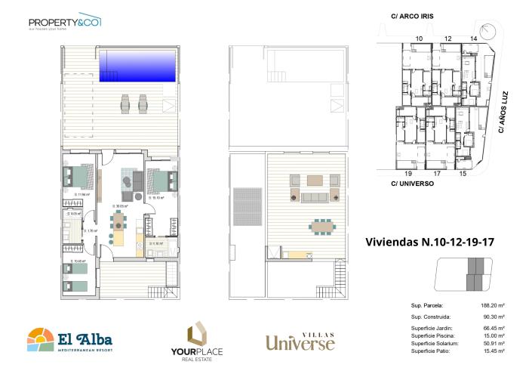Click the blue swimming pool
pos(139,66)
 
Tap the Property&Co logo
pos(65,23)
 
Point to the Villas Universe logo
pos(300,341)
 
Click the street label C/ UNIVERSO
pos(411,183)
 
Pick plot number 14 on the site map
pos(473,38)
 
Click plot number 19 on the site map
pos(407,174)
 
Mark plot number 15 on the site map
pos(463,174)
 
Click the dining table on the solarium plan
pos(322,226)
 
